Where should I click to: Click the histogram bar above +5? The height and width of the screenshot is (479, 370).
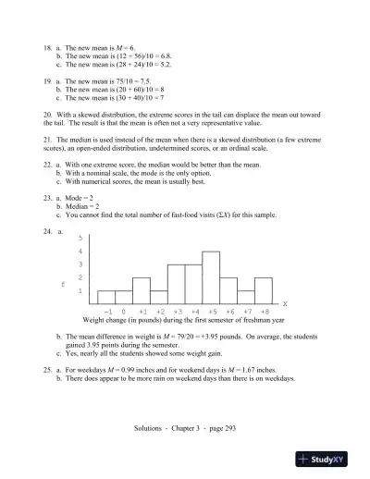[x=211, y=277]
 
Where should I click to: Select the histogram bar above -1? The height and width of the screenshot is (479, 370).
[x=106, y=296]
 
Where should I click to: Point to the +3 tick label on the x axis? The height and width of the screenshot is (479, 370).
[x=177, y=312]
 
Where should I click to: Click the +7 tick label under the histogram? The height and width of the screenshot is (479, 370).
[x=247, y=312]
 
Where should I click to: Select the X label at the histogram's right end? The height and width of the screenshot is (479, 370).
[x=284, y=303]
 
